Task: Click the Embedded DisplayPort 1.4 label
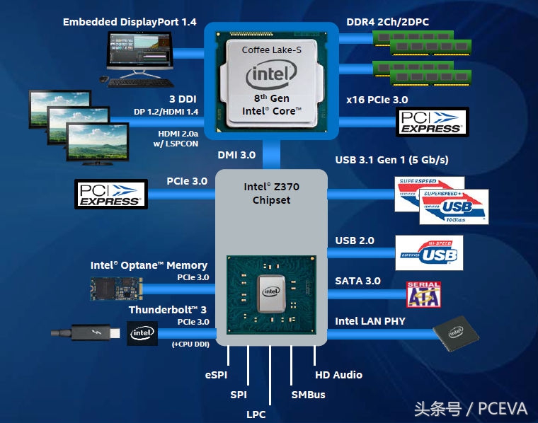click(130, 22)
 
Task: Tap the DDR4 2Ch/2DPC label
click(387, 22)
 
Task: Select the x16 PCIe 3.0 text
click(377, 100)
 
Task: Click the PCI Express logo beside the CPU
click(432, 122)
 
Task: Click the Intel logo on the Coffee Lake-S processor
click(271, 75)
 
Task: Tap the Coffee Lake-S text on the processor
click(271, 50)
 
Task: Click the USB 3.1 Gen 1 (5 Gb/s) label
click(391, 160)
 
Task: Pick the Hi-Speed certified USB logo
click(429, 253)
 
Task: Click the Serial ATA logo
click(423, 295)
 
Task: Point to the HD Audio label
click(338, 375)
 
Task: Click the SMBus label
click(308, 395)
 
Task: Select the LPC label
click(256, 414)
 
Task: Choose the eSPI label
click(216, 375)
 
